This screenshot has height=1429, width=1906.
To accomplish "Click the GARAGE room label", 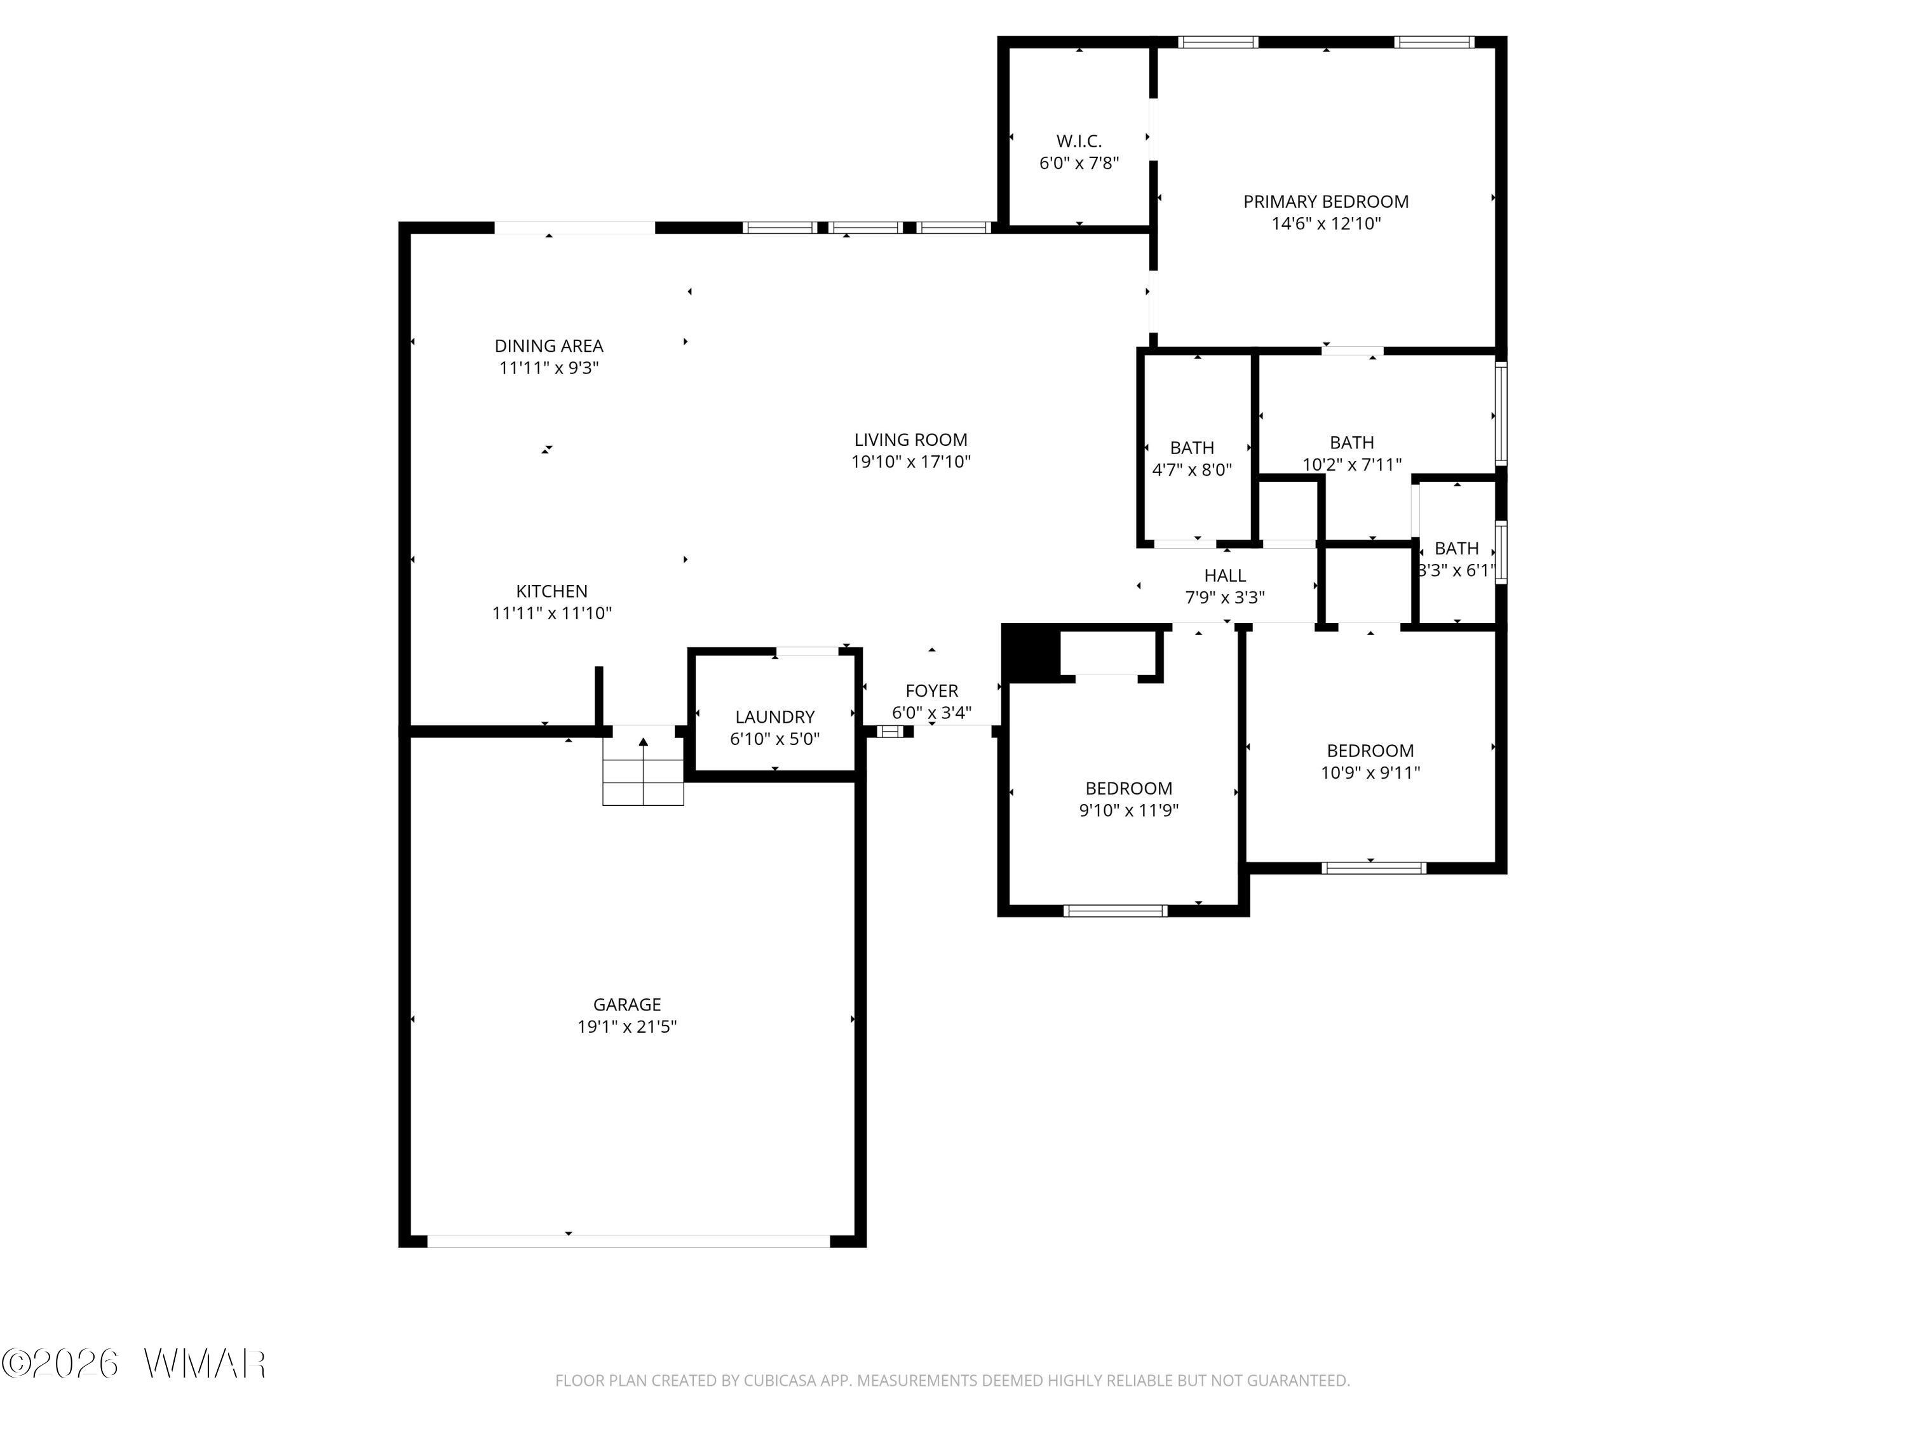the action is (x=626, y=1004).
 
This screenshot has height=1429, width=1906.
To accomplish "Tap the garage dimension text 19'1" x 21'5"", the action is (x=626, y=1027).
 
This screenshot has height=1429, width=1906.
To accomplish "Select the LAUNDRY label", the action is (x=774, y=716).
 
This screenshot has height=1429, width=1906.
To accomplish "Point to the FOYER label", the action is (x=931, y=691).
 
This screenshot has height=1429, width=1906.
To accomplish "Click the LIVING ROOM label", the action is (x=911, y=439).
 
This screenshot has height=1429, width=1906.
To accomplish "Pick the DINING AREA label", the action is (x=549, y=346).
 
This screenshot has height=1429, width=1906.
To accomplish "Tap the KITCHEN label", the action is (x=551, y=591).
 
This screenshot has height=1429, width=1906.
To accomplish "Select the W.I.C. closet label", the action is (x=1079, y=140).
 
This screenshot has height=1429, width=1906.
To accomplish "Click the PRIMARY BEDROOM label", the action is (x=1326, y=201).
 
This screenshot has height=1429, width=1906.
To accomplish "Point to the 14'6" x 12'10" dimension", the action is (x=1326, y=224).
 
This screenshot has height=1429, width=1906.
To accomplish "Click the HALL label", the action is (x=1224, y=575).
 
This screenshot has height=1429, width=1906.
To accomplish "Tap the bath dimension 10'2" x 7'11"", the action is (x=1351, y=465).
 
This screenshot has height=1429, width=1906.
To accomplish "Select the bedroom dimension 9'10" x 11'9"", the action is (x=1129, y=810).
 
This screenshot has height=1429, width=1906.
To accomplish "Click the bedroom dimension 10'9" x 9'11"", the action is (x=1370, y=773).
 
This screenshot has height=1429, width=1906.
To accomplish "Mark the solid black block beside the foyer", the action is (x=1031, y=653).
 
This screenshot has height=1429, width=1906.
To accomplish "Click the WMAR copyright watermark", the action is (x=133, y=1364).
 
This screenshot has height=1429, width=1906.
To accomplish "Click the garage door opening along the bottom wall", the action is (x=628, y=1241).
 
